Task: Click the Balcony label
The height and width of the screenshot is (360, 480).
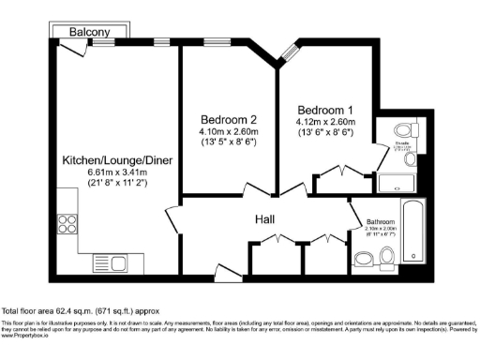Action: coord(90,32)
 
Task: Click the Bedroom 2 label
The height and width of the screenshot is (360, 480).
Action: coord(229,120)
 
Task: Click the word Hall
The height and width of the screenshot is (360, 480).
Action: coord(265,219)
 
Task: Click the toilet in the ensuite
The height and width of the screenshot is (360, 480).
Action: coord(405,130)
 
